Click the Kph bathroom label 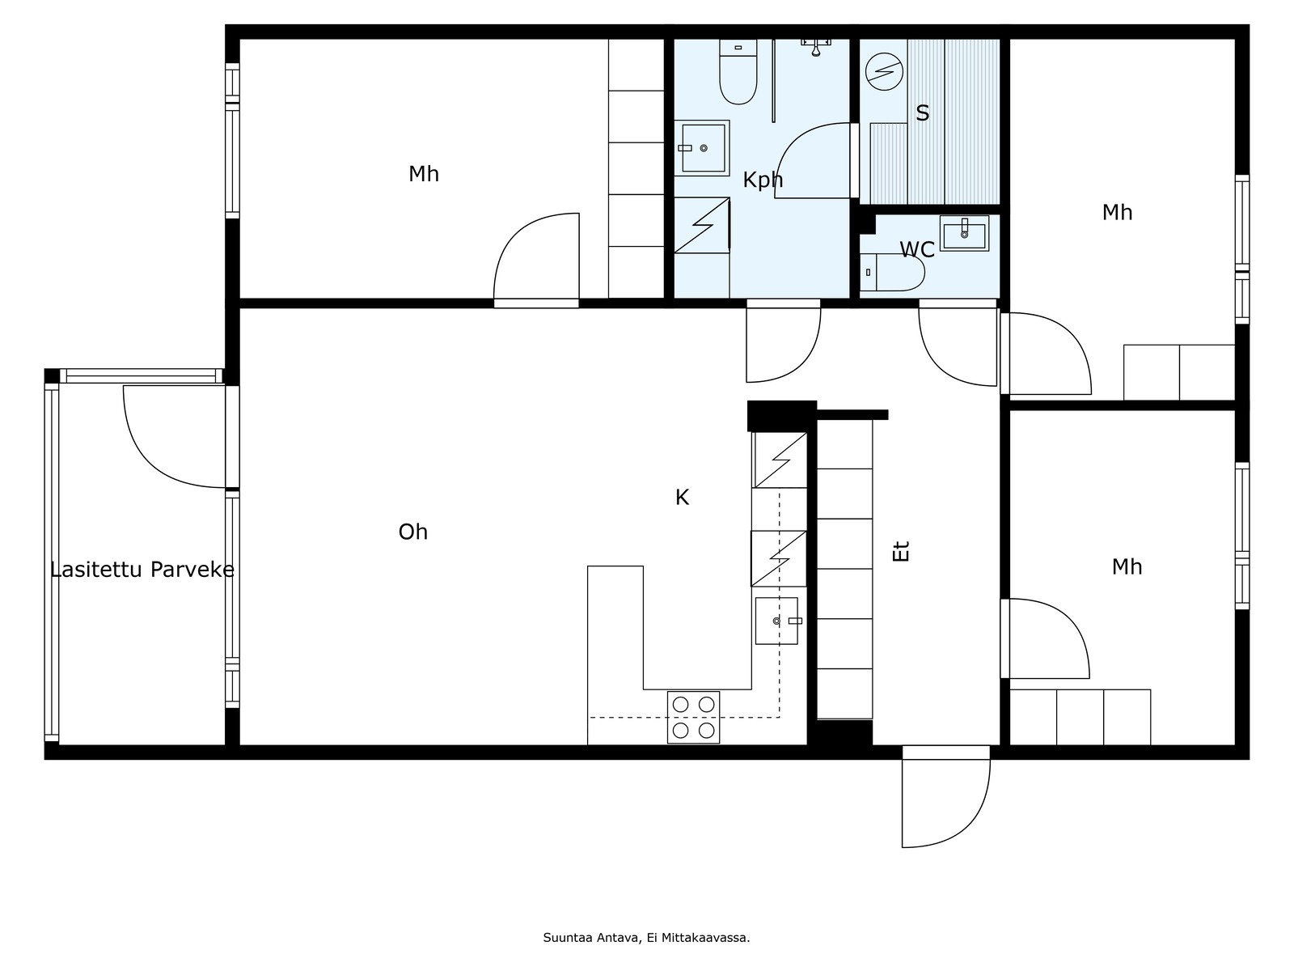point(763,180)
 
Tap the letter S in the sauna point(922,112)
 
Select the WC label point(916,250)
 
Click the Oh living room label point(412,532)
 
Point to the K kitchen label point(682,498)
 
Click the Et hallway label point(902,551)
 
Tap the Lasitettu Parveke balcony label point(142,570)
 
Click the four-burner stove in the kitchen point(693,717)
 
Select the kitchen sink point(776,621)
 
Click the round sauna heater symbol point(884,72)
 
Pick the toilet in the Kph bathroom point(738,72)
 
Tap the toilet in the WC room point(892,272)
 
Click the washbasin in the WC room point(964,234)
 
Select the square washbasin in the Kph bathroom point(702,148)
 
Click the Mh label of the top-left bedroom point(423,174)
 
